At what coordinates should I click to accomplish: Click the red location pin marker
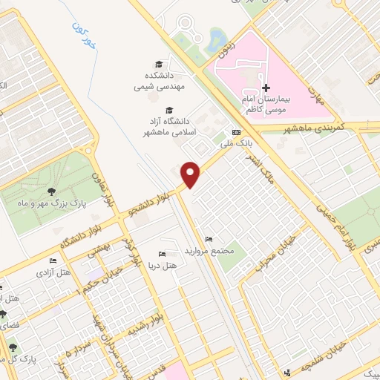click(191, 173)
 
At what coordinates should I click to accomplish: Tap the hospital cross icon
click(266, 88)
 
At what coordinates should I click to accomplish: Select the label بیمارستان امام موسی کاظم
click(270, 103)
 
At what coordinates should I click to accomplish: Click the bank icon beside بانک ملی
click(236, 131)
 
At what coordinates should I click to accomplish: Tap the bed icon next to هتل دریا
click(163, 255)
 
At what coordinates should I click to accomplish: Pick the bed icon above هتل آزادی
click(53, 261)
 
